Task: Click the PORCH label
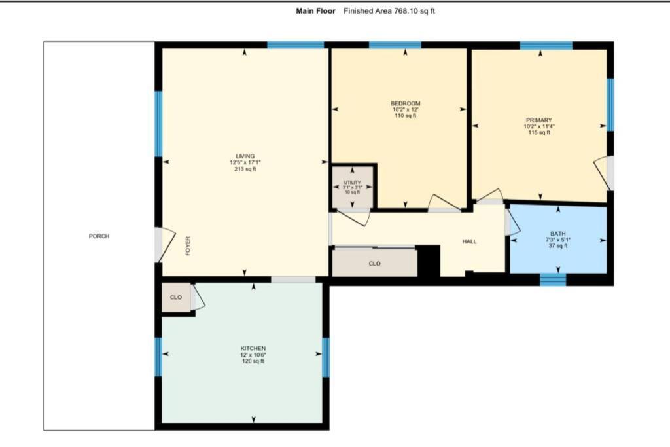[x=99, y=236]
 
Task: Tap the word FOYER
[x=188, y=245]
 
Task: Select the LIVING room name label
[x=245, y=156]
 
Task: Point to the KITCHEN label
[x=253, y=349]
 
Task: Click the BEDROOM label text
[x=406, y=103]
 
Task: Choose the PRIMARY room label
[x=539, y=120]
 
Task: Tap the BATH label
[x=558, y=234]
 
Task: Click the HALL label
[x=469, y=241]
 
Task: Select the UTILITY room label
[x=353, y=183]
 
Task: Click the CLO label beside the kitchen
[x=176, y=297]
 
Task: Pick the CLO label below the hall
[x=375, y=264]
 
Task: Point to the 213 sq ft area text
[x=245, y=169]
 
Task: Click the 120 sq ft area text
[x=253, y=361]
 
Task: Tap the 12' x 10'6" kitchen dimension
[x=253, y=355]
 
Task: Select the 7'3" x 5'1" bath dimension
[x=558, y=240]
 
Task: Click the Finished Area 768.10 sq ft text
[x=389, y=11]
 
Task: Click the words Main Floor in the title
[x=316, y=11]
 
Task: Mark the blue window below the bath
[x=553, y=279]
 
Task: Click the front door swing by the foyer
[x=166, y=245]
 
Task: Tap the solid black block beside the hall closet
[x=428, y=260]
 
